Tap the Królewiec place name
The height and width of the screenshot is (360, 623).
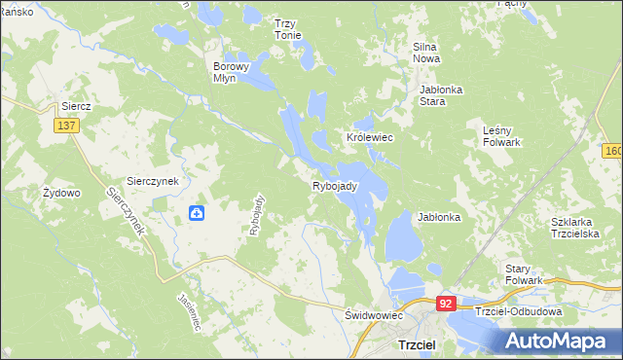pyautogui.click(x=369, y=138)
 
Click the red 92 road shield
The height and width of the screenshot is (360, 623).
pyautogui.click(x=446, y=304)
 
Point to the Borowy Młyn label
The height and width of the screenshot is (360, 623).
pyautogui.click(x=233, y=73)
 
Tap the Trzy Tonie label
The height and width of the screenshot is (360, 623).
pyautogui.click(x=287, y=29)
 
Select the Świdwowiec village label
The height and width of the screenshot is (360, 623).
pyautogui.click(x=374, y=316)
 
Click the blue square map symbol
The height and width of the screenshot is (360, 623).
pyautogui.click(x=196, y=213)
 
